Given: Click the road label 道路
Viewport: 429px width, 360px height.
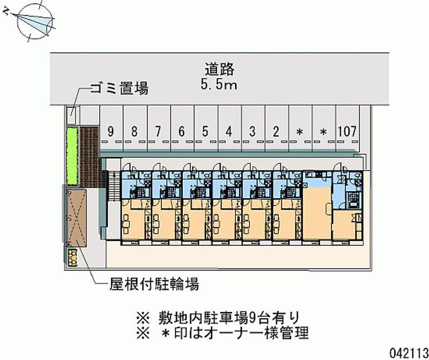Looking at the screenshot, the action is coord(219,69).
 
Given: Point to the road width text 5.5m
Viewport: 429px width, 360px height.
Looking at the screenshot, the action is coord(219,84).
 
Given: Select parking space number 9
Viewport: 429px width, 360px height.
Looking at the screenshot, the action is coord(110,131).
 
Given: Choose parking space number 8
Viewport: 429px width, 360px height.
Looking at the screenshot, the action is coord(134,131).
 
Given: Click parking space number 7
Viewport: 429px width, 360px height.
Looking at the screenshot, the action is coord(158,131).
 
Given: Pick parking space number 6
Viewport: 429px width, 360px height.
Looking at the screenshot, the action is coord(182,131).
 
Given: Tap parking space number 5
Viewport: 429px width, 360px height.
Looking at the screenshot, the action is coord(205,131).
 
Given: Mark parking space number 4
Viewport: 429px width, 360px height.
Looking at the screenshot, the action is coord(229,131).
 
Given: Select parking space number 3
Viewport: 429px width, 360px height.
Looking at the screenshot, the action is coord(253,131).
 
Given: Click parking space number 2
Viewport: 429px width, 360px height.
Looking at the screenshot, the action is coord(276,131).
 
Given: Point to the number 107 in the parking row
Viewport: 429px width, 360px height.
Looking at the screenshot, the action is coord(347,131).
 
